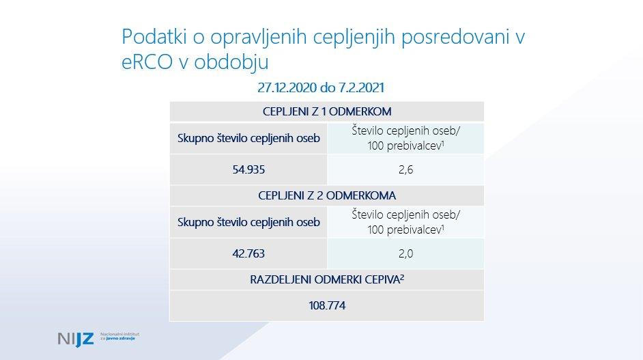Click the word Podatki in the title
pyautogui.click(x=154, y=36)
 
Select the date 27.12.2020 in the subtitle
pyautogui.click(x=287, y=87)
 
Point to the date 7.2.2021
pyautogui.click(x=361, y=87)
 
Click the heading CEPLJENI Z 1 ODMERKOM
pyautogui.click(x=327, y=111)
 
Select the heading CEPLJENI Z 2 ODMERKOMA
pyautogui.click(x=327, y=195)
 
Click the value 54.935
pyautogui.click(x=248, y=169)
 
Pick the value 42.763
pyautogui.click(x=248, y=253)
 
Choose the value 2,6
pyautogui.click(x=405, y=169)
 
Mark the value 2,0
pyautogui.click(x=405, y=253)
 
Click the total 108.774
pyautogui.click(x=327, y=305)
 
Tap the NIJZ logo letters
pyautogui.click(x=76, y=339)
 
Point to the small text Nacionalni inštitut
pyautogui.click(x=119, y=334)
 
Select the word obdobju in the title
pyautogui.click(x=231, y=62)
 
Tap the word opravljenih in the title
pyautogui.click(x=259, y=38)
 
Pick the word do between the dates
pyautogui.click(x=328, y=87)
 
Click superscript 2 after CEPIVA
pyautogui.click(x=402, y=277)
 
